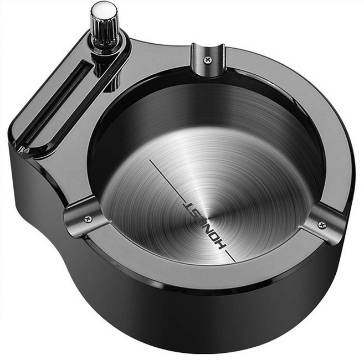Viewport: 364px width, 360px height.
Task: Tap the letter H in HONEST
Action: tap(221, 245)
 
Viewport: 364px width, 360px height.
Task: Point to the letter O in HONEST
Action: tap(217, 239)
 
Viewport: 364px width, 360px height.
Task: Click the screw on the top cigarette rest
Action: tap(207, 60)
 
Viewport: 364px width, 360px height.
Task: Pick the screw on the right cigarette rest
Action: tap(322, 225)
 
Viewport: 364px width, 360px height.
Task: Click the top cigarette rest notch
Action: tap(208, 59)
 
